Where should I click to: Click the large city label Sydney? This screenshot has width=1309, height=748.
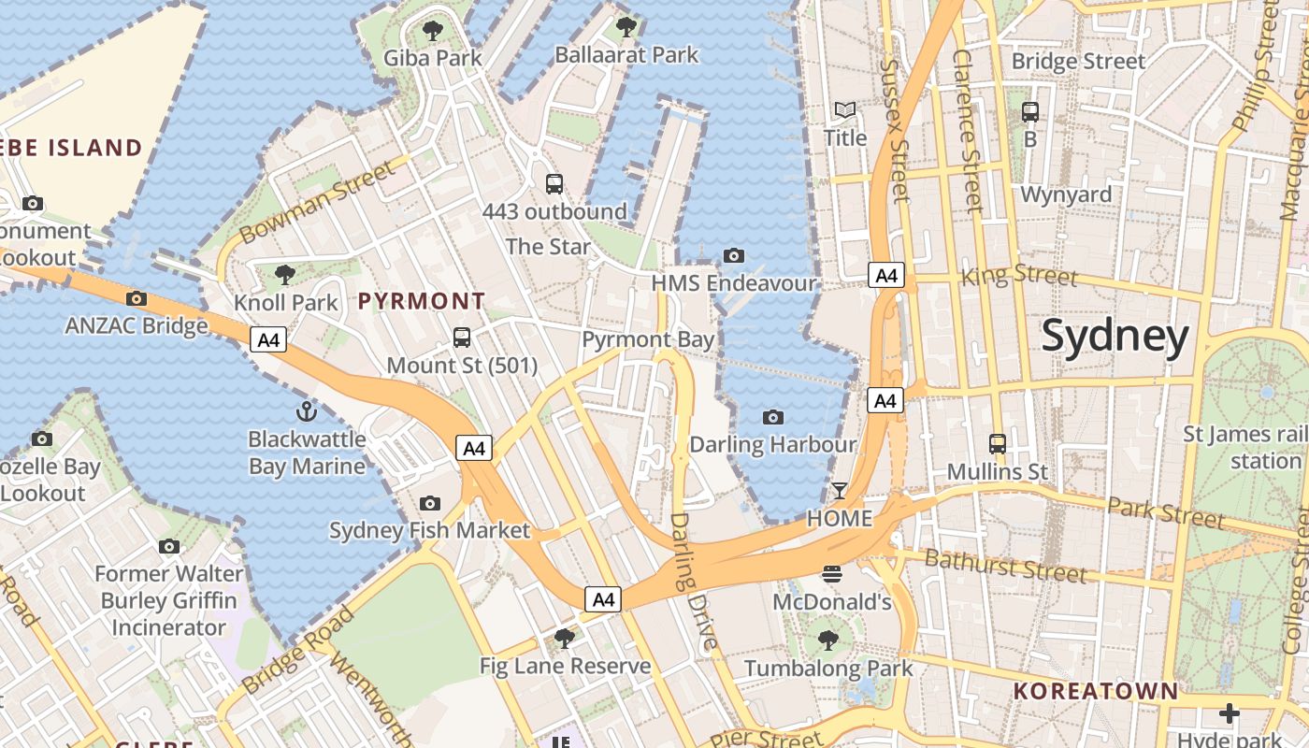1115,336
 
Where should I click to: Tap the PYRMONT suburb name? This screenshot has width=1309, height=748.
422,301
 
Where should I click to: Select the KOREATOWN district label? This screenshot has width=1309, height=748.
1096,692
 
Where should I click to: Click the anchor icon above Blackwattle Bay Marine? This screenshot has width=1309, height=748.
306,410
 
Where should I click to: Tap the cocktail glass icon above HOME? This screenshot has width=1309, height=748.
840,491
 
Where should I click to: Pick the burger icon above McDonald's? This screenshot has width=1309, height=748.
831,573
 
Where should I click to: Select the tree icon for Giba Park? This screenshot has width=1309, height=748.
433,31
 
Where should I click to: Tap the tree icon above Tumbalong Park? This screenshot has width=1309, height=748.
827,640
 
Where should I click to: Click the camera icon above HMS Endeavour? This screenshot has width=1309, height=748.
734,255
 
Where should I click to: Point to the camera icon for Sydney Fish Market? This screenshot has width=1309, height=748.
429,504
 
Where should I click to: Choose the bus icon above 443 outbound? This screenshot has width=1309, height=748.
554,184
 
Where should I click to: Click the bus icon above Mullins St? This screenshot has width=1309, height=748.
998,444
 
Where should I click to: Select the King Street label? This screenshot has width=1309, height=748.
1019,276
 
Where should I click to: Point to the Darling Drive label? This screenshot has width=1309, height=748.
693,581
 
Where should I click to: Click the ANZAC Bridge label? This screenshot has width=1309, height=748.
137,325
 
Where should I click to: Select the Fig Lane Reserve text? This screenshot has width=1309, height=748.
565,666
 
